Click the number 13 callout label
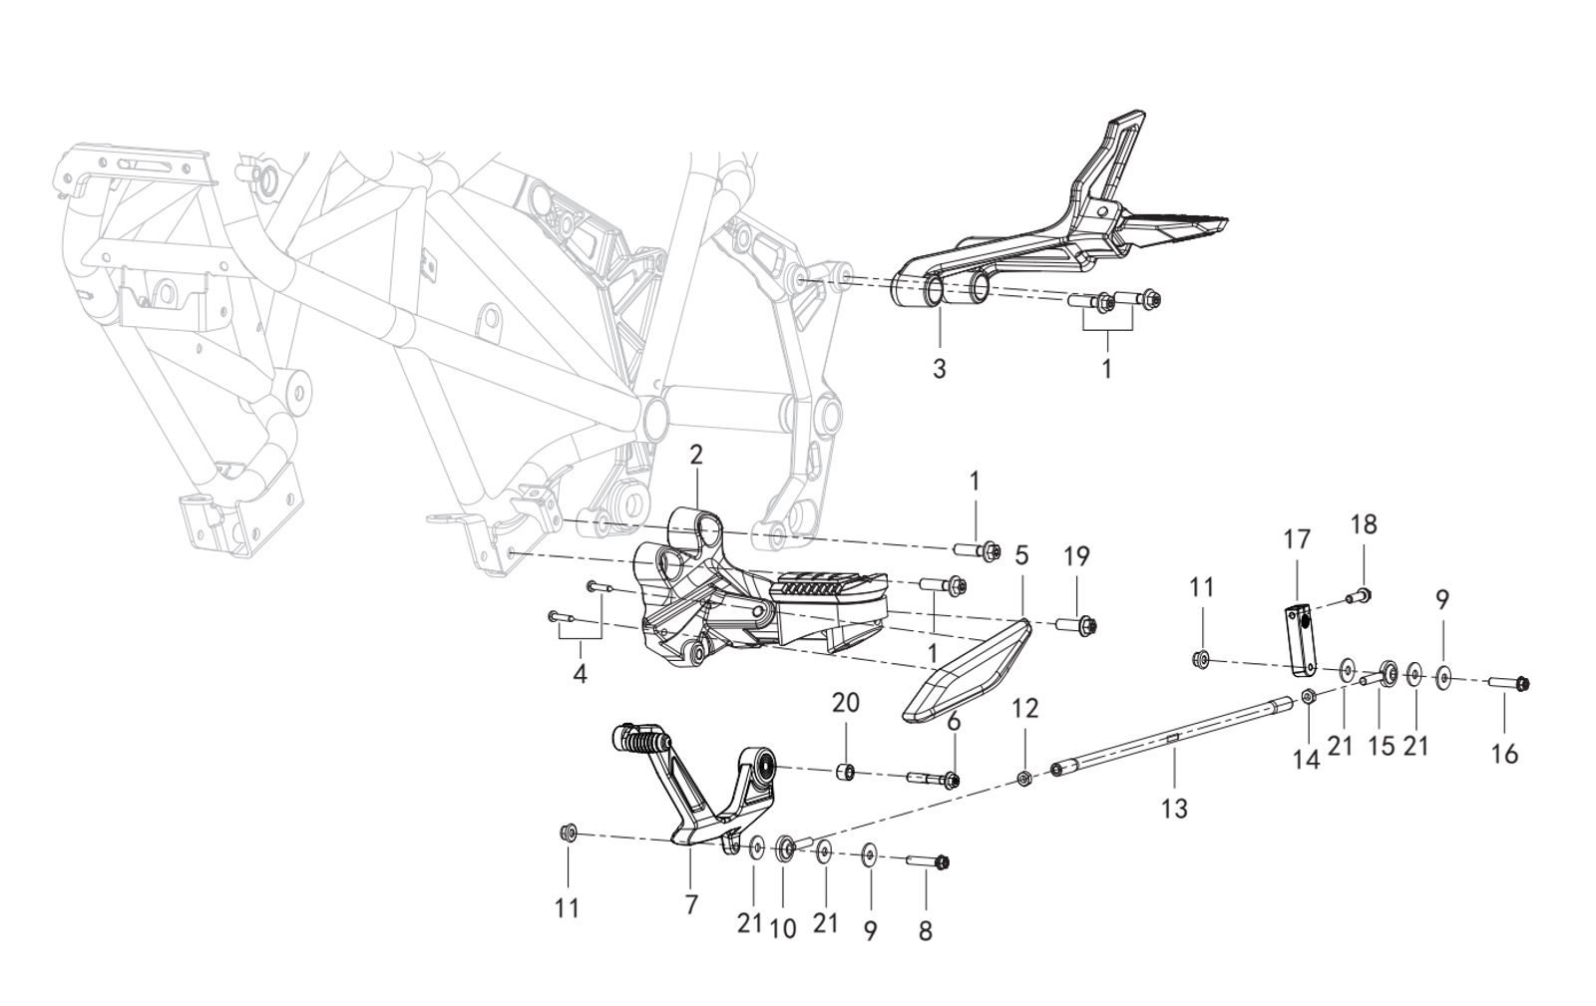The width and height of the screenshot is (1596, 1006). point(1175,808)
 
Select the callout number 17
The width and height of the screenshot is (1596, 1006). point(1296,541)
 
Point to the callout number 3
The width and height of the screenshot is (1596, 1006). point(939,368)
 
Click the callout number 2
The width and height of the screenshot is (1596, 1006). point(696,455)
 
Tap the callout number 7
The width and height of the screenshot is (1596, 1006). point(691,903)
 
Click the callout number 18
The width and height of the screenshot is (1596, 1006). point(1363,525)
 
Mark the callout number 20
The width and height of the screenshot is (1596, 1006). point(846,703)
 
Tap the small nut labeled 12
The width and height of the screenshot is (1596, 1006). point(1024,778)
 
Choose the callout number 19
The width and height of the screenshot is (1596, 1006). point(1076,555)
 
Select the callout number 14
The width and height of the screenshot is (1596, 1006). point(1306,760)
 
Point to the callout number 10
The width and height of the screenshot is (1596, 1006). point(783,928)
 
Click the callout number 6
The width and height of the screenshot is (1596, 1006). point(955,722)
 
